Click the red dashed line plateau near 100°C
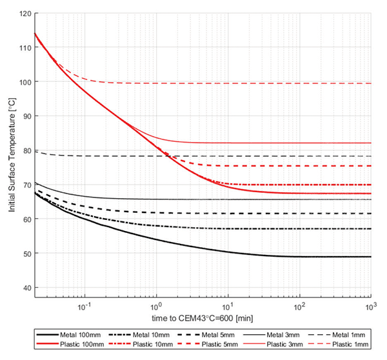(x=258, y=83)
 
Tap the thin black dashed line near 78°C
(x=258, y=156)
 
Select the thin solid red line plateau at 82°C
(x=290, y=143)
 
